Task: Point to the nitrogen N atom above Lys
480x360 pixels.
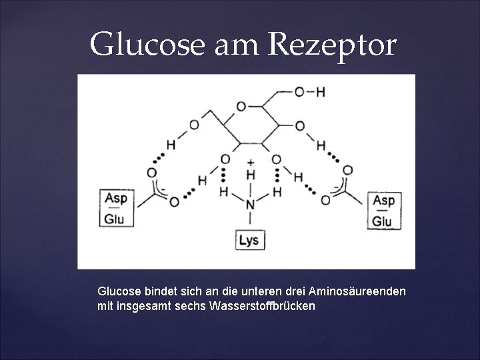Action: click(x=250, y=204)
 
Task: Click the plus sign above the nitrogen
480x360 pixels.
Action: click(x=251, y=162)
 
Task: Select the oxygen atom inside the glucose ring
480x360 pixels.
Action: click(x=241, y=106)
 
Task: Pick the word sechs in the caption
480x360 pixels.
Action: click(x=191, y=306)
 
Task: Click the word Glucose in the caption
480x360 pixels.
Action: click(x=119, y=292)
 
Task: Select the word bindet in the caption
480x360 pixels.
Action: click(x=159, y=292)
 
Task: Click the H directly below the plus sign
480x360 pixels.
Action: click(x=251, y=175)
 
